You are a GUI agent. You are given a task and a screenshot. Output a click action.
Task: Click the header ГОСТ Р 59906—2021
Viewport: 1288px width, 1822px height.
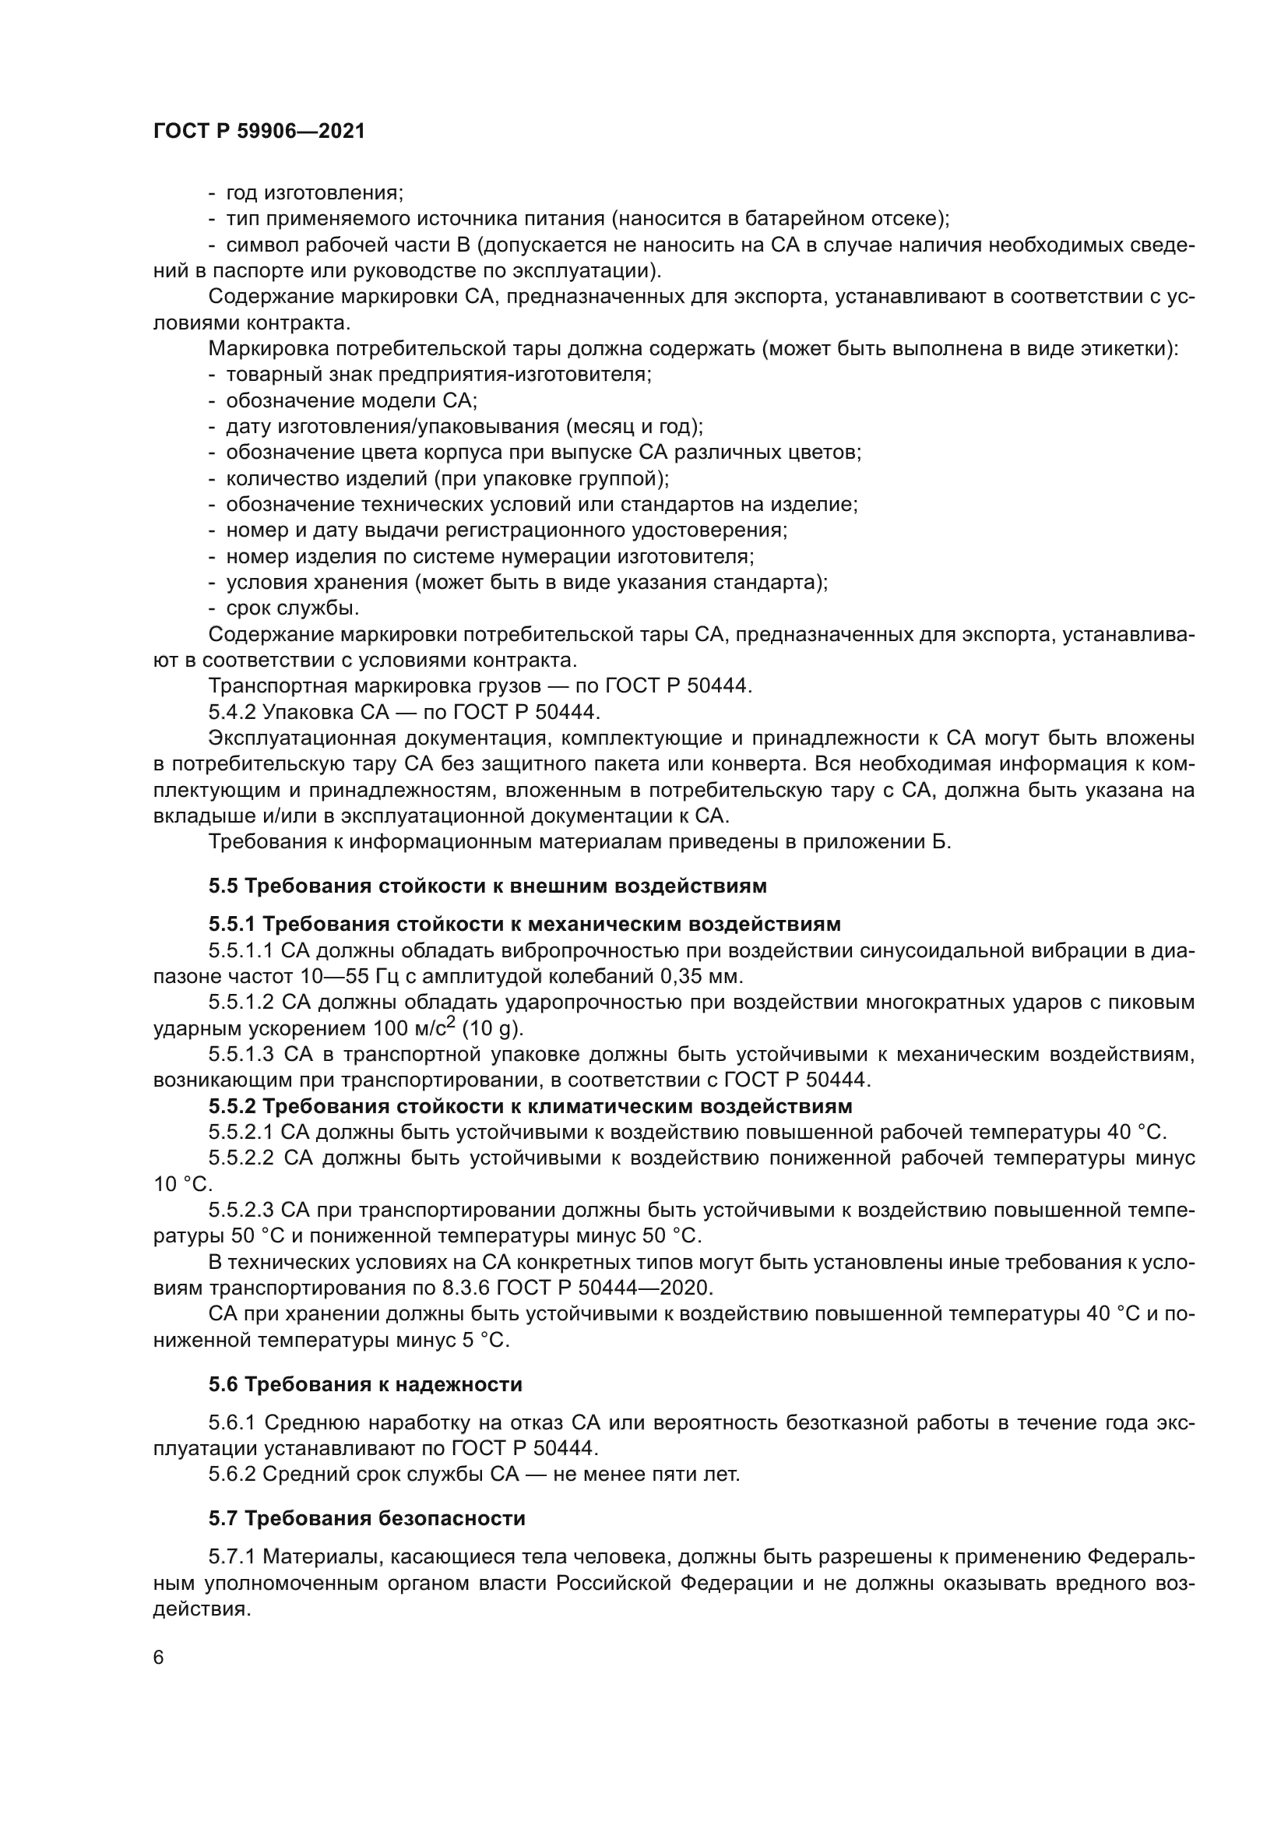click(259, 132)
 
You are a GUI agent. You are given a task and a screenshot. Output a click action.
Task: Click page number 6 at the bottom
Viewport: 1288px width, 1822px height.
click(159, 1658)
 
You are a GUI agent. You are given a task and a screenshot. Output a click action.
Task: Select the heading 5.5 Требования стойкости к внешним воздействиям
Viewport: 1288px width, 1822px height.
click(487, 886)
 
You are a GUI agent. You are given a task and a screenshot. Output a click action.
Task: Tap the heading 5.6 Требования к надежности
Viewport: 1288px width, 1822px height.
click(364, 1385)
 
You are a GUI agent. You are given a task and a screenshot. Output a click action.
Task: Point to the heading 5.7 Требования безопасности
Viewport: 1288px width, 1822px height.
click(367, 1519)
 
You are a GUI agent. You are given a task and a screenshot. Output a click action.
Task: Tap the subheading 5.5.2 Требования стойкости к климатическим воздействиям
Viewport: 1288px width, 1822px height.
click(530, 1106)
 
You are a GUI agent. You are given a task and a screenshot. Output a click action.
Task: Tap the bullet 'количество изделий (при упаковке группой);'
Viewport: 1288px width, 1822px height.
click(446, 478)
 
